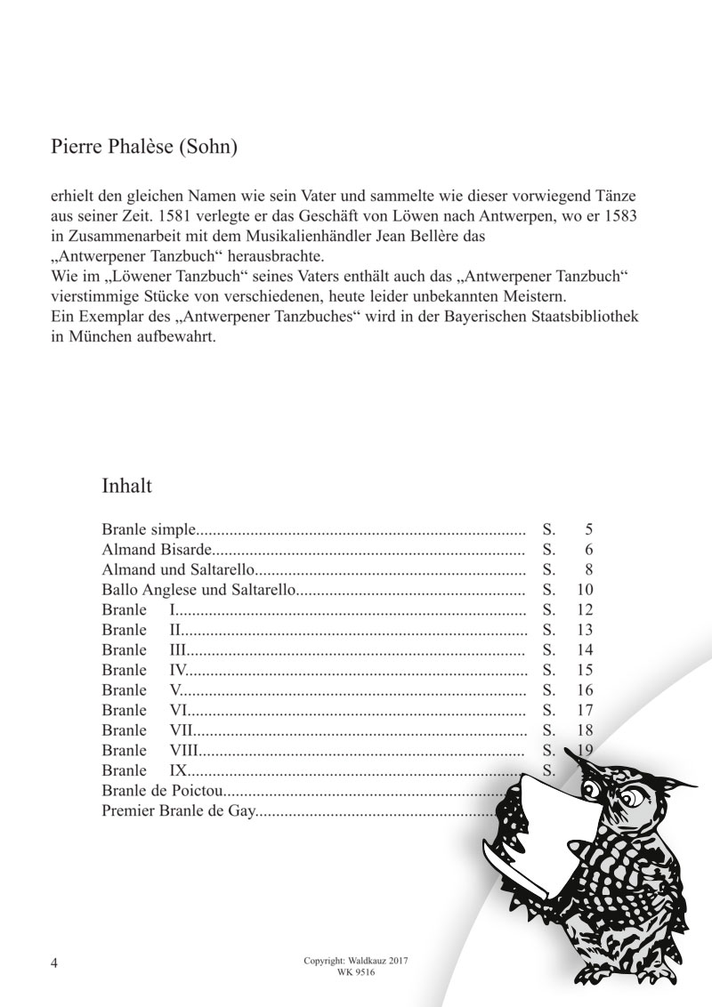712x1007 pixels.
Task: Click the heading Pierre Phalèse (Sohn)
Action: tap(145, 147)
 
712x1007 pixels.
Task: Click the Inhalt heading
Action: tap(128, 487)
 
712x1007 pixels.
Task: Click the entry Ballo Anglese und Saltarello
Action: tap(197, 590)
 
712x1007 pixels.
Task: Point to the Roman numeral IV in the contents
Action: tap(177, 669)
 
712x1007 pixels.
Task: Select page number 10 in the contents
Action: tap(585, 590)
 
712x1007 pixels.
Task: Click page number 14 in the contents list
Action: tap(585, 649)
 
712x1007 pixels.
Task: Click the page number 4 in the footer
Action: tap(55, 964)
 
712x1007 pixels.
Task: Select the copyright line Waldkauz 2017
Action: tap(355, 962)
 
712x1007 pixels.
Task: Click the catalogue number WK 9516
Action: tap(355, 973)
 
